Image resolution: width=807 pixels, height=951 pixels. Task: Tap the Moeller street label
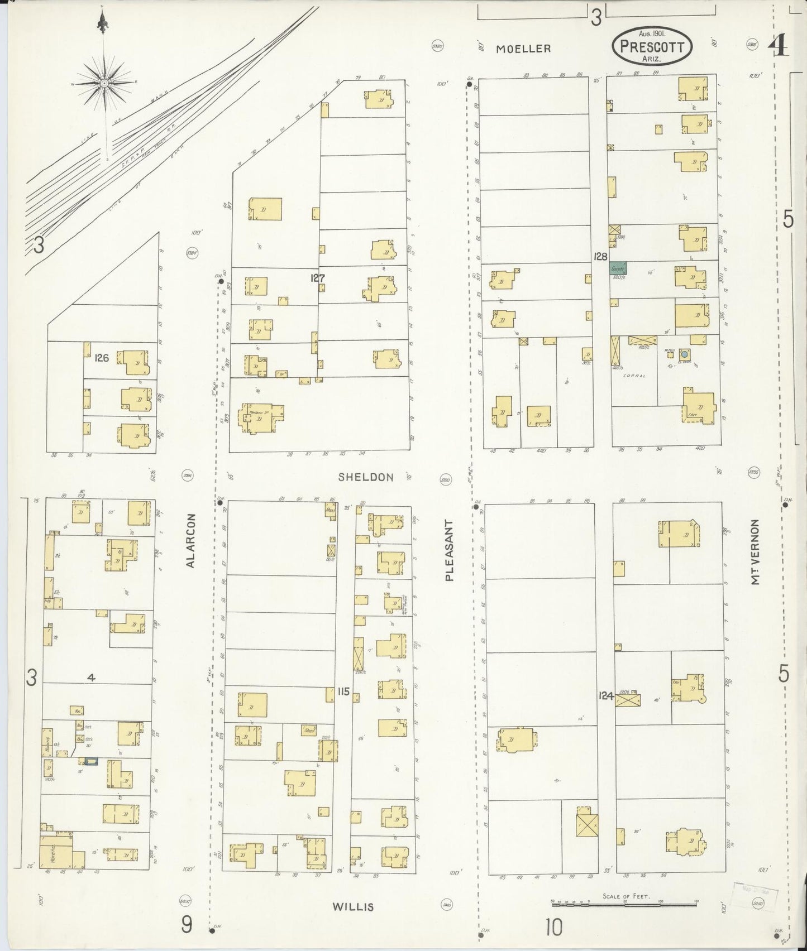click(x=523, y=49)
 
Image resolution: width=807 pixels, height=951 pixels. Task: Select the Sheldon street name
click(x=366, y=477)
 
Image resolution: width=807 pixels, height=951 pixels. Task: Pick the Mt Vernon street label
click(x=755, y=553)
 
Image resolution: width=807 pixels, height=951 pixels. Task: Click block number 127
click(x=318, y=277)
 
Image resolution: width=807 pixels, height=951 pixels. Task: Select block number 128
click(x=601, y=256)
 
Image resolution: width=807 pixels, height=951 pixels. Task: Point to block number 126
click(x=101, y=357)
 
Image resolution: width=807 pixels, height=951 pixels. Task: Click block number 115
click(x=343, y=692)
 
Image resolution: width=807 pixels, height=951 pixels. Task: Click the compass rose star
click(x=104, y=83)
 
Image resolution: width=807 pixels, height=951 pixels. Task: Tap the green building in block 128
click(x=618, y=268)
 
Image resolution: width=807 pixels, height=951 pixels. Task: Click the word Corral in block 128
click(x=636, y=376)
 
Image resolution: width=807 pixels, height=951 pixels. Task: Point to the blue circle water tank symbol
click(x=684, y=354)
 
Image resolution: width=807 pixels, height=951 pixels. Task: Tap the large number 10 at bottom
click(x=554, y=928)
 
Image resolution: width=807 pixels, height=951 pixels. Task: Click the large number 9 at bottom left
click(x=187, y=925)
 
